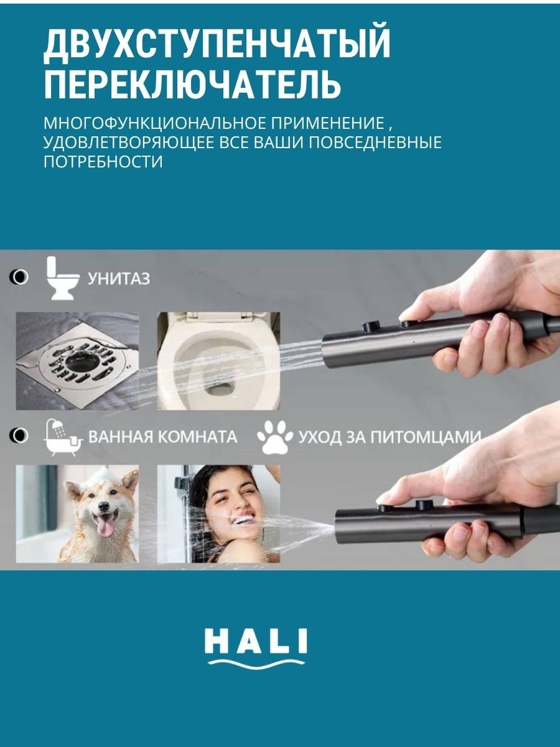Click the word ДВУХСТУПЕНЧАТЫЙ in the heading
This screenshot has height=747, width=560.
coord(217,45)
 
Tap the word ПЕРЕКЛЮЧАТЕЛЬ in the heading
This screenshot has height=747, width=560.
coord(192,83)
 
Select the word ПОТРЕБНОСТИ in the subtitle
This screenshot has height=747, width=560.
coord(103,162)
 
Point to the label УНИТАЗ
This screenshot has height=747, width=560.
coord(119,279)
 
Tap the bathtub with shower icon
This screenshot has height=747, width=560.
coord(63,438)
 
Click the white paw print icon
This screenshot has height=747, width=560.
coord(275,438)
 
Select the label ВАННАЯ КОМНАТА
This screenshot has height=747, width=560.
coord(162,436)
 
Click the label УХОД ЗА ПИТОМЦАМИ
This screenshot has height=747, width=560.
coord(390,436)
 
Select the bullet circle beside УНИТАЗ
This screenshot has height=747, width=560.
coord(19,277)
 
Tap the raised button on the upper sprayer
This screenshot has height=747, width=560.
coord(371,326)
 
